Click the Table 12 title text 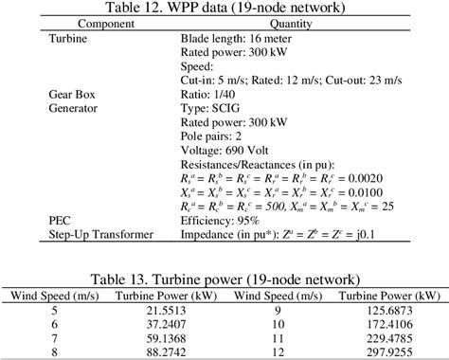[x=224, y=9]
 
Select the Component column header [x=80, y=24]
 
